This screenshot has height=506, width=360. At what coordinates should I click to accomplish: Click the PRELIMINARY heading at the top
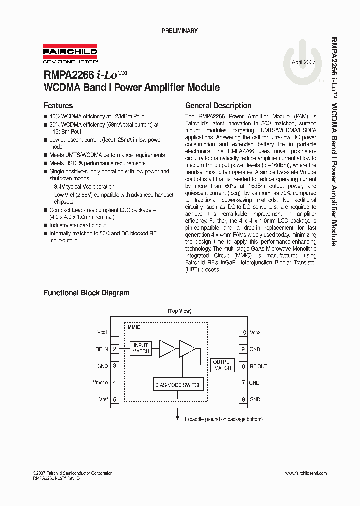click(x=179, y=31)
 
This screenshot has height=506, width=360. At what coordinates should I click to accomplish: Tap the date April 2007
click(x=303, y=62)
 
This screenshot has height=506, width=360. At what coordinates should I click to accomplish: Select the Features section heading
click(x=58, y=106)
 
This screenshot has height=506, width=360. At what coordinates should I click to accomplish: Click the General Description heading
click(x=218, y=106)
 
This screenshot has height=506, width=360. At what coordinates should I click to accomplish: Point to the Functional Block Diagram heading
click(x=86, y=293)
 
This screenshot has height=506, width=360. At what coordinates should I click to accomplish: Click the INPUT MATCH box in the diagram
click(x=141, y=348)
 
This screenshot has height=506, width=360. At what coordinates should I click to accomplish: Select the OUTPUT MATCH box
click(x=223, y=365)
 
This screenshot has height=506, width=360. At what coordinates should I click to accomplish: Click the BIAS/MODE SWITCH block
click(x=178, y=385)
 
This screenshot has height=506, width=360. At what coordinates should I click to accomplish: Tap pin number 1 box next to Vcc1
click(x=115, y=332)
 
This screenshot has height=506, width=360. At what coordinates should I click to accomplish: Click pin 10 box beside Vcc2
click(x=243, y=332)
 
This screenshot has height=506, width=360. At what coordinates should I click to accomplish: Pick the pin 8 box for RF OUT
click(x=243, y=366)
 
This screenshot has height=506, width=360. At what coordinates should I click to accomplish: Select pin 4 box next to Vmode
click(x=115, y=383)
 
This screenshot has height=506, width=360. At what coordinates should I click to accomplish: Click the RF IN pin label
click(x=102, y=349)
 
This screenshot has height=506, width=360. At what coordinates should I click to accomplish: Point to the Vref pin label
click(x=103, y=400)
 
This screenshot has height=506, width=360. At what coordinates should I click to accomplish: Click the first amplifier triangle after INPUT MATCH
click(x=166, y=348)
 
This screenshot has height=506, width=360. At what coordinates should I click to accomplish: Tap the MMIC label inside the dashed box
click(x=134, y=327)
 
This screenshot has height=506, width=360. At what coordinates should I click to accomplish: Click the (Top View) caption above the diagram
click(x=179, y=311)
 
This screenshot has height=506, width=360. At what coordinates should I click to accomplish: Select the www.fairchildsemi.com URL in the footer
click(x=306, y=473)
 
